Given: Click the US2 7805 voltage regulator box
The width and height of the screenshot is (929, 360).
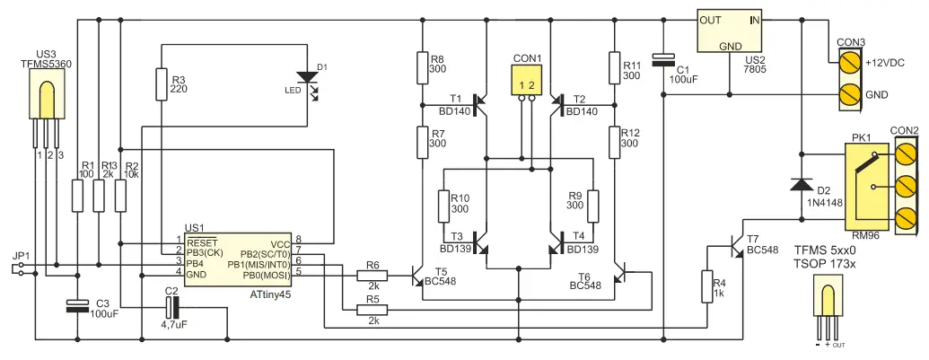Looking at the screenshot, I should pyautogui.click(x=732, y=31).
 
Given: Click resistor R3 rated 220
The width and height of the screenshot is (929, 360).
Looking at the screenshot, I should pyautogui.click(x=161, y=83).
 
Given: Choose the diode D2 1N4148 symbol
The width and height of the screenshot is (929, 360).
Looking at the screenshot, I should pyautogui.click(x=800, y=184).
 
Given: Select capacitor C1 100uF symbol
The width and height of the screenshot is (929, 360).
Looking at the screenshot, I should pyautogui.click(x=662, y=60).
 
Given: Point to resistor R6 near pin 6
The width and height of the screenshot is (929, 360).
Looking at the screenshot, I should pyautogui.click(x=372, y=275).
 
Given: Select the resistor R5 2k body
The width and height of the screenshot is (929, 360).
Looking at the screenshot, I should pyautogui.click(x=372, y=310).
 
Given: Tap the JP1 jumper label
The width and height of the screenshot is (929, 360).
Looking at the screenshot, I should pyautogui.click(x=21, y=256).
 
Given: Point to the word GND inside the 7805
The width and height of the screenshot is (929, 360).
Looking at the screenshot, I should pyautogui.click(x=731, y=45).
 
